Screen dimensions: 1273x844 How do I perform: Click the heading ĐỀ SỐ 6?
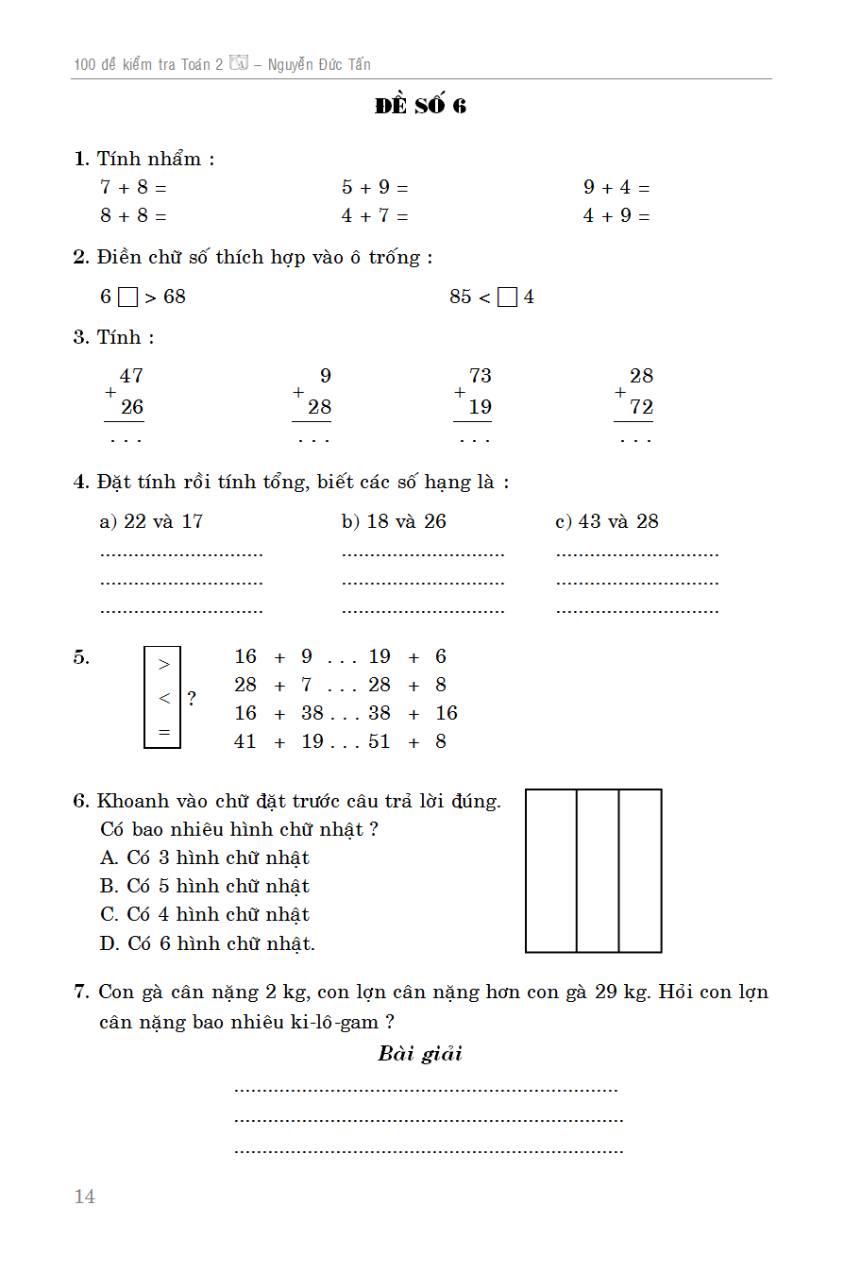420,106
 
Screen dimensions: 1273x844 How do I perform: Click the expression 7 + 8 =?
133,188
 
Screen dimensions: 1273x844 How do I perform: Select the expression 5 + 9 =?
375,188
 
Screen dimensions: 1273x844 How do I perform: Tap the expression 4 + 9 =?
616,216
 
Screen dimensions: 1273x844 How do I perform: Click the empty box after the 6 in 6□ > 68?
127,297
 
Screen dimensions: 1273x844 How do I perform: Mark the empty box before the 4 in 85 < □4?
507,297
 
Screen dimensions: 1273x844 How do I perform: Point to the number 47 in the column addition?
131,376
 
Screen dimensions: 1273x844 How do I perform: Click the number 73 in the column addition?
480,376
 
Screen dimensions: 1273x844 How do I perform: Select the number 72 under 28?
641,408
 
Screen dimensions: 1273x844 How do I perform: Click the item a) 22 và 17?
151,521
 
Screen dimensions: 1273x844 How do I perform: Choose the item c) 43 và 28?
607,521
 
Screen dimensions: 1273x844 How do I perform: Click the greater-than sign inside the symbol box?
163,665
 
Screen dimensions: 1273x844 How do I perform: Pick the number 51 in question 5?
380,741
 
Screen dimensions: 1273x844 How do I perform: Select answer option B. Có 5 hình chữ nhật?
204,886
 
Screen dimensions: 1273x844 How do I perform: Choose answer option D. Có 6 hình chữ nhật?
207,942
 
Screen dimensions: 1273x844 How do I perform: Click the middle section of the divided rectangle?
598,871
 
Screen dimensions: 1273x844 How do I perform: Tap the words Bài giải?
420,1054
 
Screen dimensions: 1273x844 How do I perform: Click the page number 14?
85,1197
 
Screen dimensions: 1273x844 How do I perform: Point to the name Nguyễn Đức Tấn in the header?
319,65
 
